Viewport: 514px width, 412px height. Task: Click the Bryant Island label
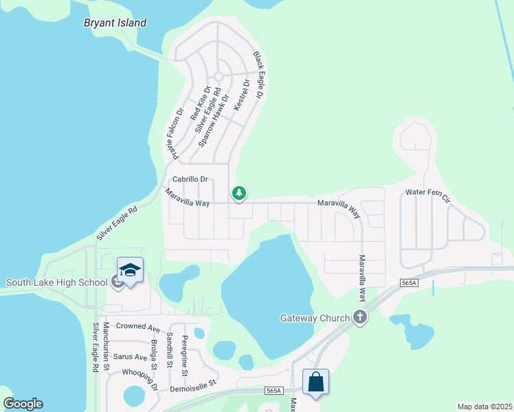pos(115,23)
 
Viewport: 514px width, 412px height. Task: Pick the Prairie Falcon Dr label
pos(175,134)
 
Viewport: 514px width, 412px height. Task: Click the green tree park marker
pos(239,194)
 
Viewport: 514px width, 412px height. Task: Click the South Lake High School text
pos(57,282)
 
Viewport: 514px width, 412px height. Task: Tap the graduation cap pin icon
pos(130,270)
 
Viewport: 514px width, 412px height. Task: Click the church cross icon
pos(359,317)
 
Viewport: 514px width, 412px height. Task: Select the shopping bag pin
pos(315,382)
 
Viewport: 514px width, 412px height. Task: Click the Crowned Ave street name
pos(138,328)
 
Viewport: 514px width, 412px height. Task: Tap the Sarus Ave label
pos(131,357)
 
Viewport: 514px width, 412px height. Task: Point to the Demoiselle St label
pos(193,385)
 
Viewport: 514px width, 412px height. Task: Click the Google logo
pos(23,404)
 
